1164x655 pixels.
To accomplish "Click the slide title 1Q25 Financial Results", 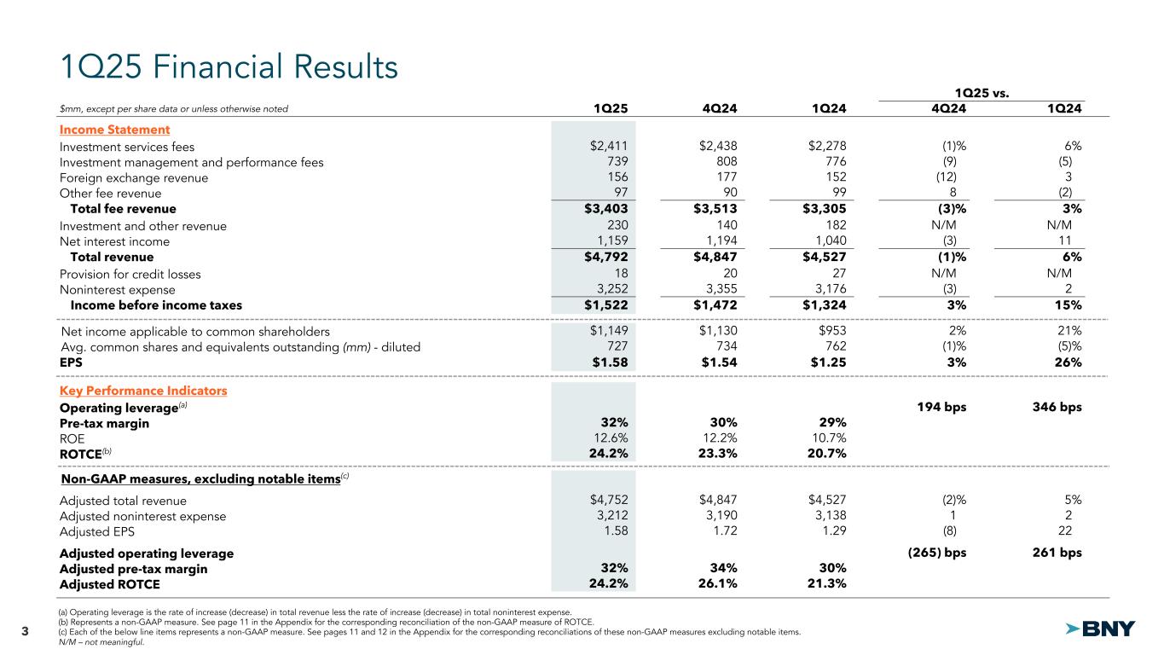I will point(229,67).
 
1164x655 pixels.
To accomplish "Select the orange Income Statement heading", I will point(114,130).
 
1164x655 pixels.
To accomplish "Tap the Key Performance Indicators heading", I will point(143,391).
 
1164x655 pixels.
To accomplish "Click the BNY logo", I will point(1101,629).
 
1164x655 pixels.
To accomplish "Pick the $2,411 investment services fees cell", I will point(609,147).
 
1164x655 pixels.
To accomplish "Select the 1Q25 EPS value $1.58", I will point(611,362).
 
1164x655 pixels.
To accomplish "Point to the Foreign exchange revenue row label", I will point(134,177).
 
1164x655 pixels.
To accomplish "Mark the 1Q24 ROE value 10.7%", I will point(825,438).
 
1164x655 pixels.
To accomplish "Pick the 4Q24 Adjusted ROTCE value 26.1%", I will point(715,584).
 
